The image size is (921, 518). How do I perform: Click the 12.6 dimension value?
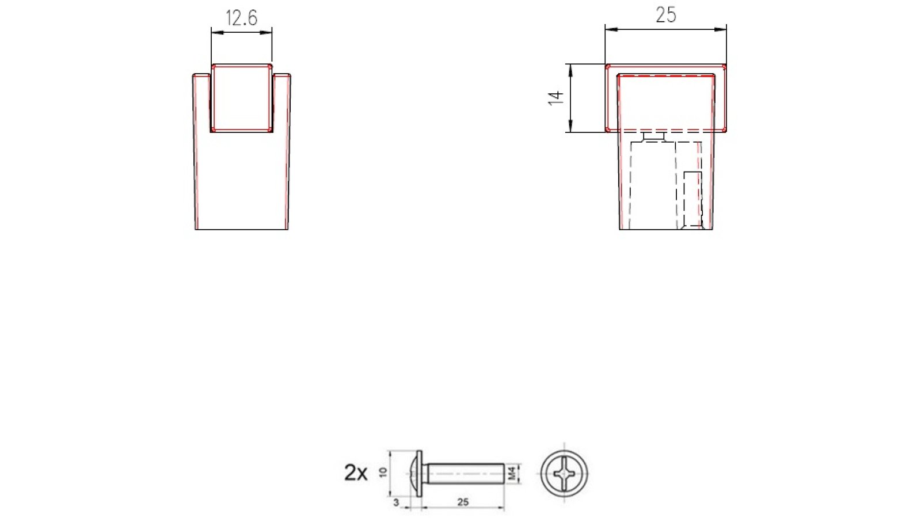point(241,18)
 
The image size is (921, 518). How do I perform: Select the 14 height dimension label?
point(555,98)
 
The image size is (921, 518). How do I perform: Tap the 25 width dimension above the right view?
point(666,15)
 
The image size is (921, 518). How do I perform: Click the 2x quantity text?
point(356,473)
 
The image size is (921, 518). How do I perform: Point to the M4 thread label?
point(512,474)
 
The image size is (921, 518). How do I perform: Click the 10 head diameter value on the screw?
point(383,473)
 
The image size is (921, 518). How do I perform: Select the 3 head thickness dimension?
point(396,502)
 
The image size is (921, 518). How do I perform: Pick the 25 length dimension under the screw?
point(463,502)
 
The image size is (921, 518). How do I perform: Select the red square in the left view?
point(242,98)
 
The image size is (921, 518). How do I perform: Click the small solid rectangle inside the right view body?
point(692,196)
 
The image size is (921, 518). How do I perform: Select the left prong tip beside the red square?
point(201,75)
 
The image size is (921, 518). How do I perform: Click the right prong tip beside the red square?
point(282,75)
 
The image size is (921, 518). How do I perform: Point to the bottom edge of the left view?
point(242,230)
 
